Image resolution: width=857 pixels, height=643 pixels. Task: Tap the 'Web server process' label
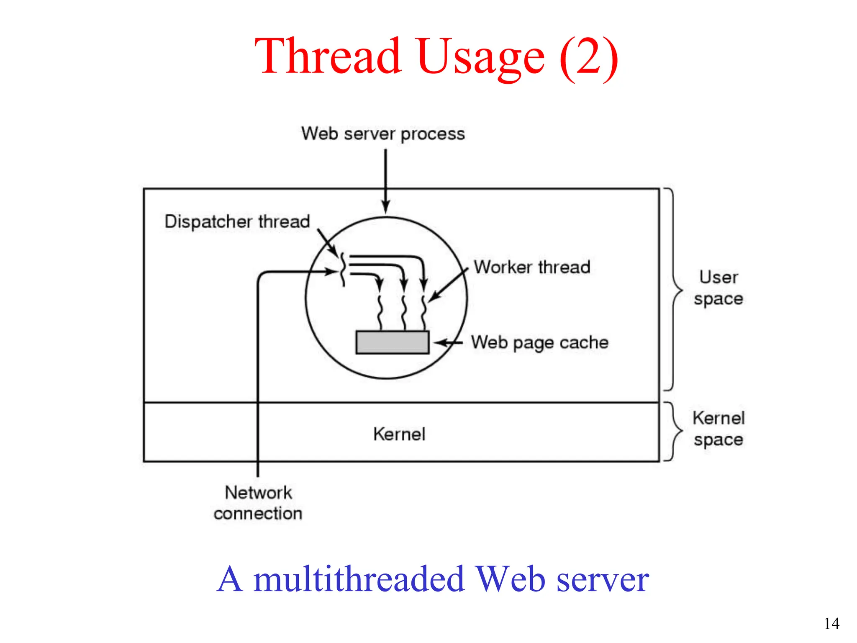pos(383,134)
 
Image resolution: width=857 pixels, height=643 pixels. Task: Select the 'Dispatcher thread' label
pos(237,221)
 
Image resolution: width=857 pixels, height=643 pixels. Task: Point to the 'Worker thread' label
pos(532,267)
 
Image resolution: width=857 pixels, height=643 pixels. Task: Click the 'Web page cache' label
pos(539,342)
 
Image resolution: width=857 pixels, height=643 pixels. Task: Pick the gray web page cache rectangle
pos(392,342)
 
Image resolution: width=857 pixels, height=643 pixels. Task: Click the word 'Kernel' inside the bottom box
pos(399,434)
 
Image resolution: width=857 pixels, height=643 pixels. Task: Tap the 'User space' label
pos(718,288)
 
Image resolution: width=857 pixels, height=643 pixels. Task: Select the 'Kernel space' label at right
pos(718,429)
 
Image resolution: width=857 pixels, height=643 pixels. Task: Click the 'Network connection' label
pos(258,503)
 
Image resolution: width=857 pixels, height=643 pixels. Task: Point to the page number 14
pos(831,624)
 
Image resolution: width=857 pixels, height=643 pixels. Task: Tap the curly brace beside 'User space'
pos(673,289)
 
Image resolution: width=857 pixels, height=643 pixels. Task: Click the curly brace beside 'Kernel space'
pos(673,431)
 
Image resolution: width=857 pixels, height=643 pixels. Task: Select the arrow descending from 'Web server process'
pos(386,180)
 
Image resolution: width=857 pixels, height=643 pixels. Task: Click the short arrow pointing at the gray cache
pos(448,343)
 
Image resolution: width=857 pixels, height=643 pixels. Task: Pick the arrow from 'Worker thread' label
pos(448,285)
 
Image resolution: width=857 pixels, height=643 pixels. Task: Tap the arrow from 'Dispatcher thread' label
pos(327,242)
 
